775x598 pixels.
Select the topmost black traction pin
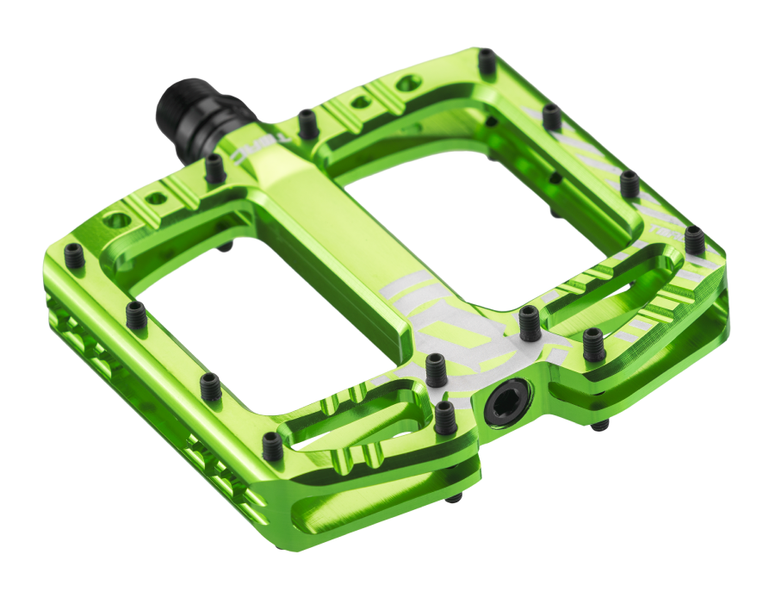[x=487, y=61]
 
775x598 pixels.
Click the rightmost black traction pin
[x=694, y=240]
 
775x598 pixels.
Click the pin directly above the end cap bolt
[x=529, y=321]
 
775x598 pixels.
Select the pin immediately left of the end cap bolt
[x=444, y=417]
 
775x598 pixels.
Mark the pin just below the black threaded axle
[x=214, y=169]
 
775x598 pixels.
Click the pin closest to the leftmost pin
[x=136, y=315]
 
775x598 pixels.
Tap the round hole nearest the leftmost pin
[x=115, y=221]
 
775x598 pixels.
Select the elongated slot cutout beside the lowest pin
[x=344, y=426]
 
